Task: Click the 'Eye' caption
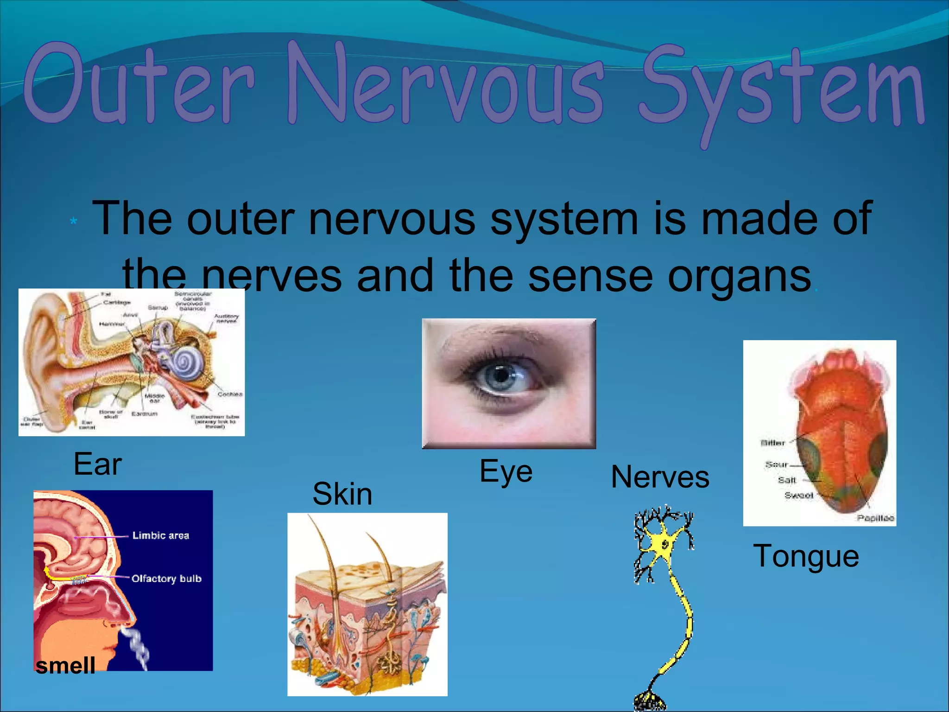[x=506, y=472]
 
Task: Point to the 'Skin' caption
[x=342, y=494]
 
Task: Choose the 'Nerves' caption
[x=660, y=477]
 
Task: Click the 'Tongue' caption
[x=806, y=556]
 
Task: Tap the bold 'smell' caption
[x=65, y=666]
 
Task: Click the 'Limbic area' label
[x=160, y=536]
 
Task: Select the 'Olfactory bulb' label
[x=166, y=578]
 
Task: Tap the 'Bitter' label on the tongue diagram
[x=772, y=443]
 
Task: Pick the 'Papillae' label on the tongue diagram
[x=875, y=518]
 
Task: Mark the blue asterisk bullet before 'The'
[x=73, y=222]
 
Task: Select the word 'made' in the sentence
[x=760, y=219]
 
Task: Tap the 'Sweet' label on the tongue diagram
[x=798, y=496]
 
